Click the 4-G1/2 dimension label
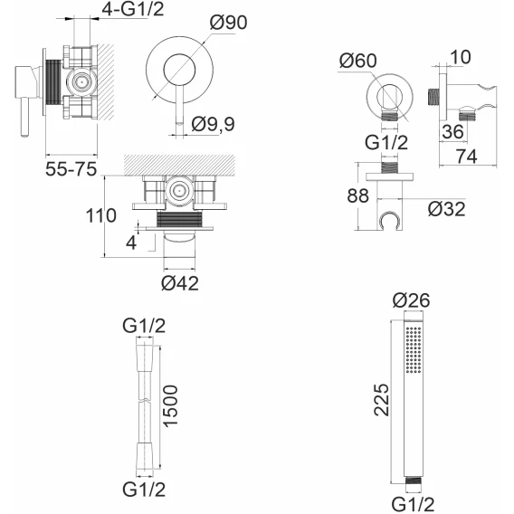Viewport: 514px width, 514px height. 132,9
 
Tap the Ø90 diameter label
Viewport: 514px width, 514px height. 228,23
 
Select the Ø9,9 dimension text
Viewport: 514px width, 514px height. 213,125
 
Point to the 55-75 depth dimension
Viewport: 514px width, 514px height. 71,169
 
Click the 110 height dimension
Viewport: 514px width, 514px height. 101,215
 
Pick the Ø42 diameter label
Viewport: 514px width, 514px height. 180,283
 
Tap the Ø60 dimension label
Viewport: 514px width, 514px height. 358,61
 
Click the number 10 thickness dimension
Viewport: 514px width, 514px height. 461,57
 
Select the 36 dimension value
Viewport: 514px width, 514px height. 452,132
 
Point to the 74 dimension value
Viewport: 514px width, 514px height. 466,157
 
